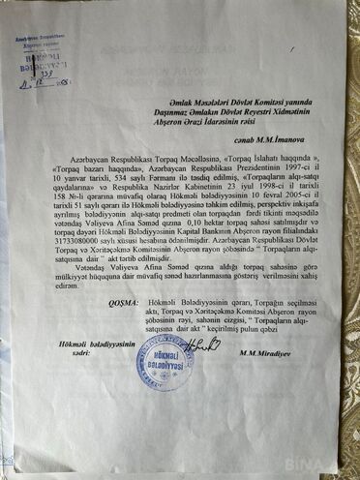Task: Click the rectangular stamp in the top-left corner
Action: coord(39,56)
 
